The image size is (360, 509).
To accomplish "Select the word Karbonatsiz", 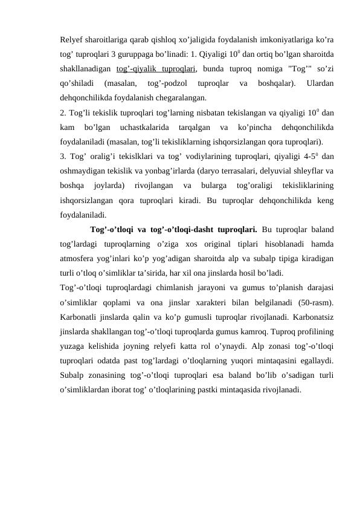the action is [312, 316].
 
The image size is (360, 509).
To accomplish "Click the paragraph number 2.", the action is [62, 113].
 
